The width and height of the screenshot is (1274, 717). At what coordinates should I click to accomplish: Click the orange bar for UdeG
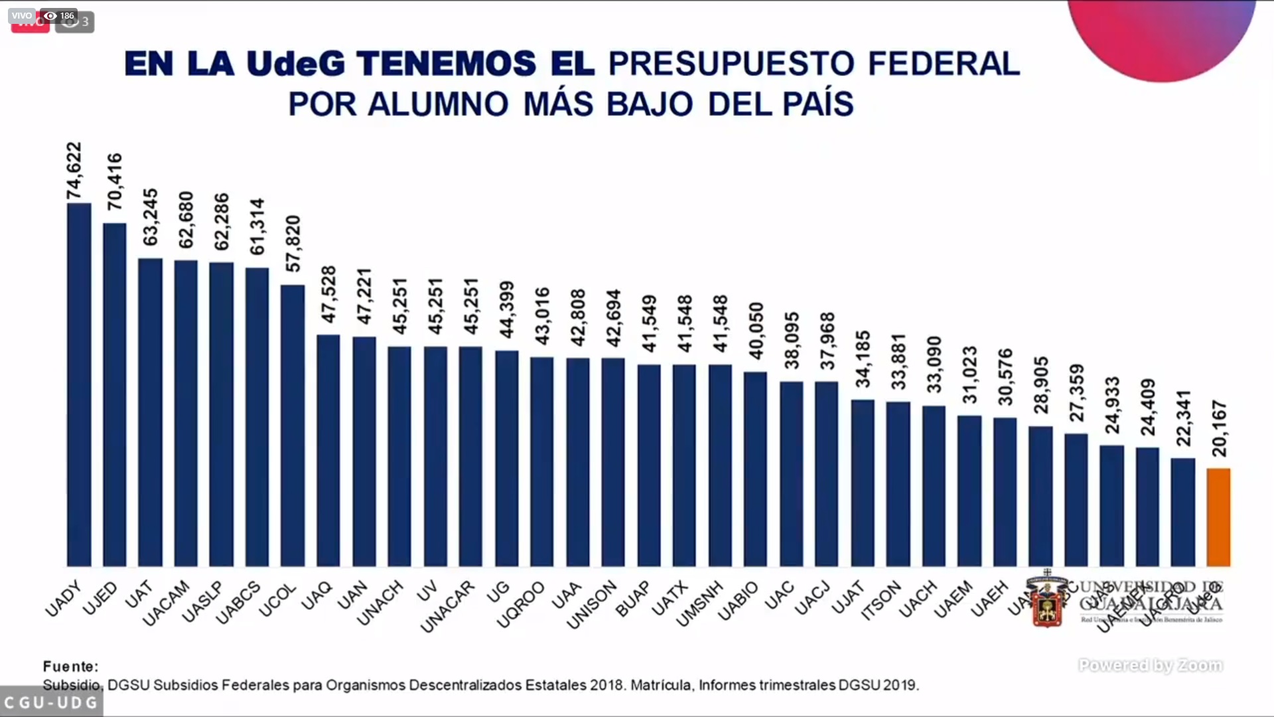tap(1218, 517)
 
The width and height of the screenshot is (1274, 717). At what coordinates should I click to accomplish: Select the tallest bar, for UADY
tap(79, 384)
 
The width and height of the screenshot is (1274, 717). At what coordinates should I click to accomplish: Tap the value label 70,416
tap(115, 181)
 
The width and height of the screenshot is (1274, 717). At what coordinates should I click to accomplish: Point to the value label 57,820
tap(293, 244)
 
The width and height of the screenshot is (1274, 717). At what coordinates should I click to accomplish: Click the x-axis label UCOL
tap(277, 600)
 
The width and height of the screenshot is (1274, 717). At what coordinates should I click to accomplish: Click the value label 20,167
tap(1220, 428)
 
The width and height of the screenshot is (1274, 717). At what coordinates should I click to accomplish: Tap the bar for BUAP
tap(649, 465)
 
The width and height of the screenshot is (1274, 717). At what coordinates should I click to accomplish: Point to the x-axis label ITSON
tap(881, 600)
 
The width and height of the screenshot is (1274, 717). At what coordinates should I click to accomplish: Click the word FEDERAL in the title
tap(944, 64)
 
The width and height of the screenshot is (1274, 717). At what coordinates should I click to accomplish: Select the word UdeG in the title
tap(296, 64)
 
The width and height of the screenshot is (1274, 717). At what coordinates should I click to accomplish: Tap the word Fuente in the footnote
tap(70, 666)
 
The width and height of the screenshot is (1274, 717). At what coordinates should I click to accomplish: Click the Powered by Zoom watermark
tap(1151, 665)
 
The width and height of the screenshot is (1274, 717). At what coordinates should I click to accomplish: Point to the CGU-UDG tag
tap(51, 702)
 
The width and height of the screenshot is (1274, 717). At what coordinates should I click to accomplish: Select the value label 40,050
tap(756, 331)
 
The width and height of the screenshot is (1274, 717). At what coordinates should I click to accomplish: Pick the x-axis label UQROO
tap(521, 604)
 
